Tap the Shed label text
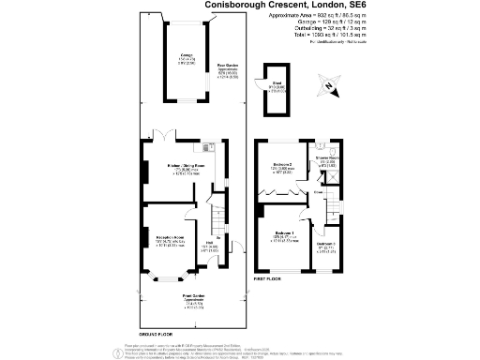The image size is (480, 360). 277,89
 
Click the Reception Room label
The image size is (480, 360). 169,238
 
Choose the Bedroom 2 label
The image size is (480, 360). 284,166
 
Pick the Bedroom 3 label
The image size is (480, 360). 324,245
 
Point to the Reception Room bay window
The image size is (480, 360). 170,278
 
